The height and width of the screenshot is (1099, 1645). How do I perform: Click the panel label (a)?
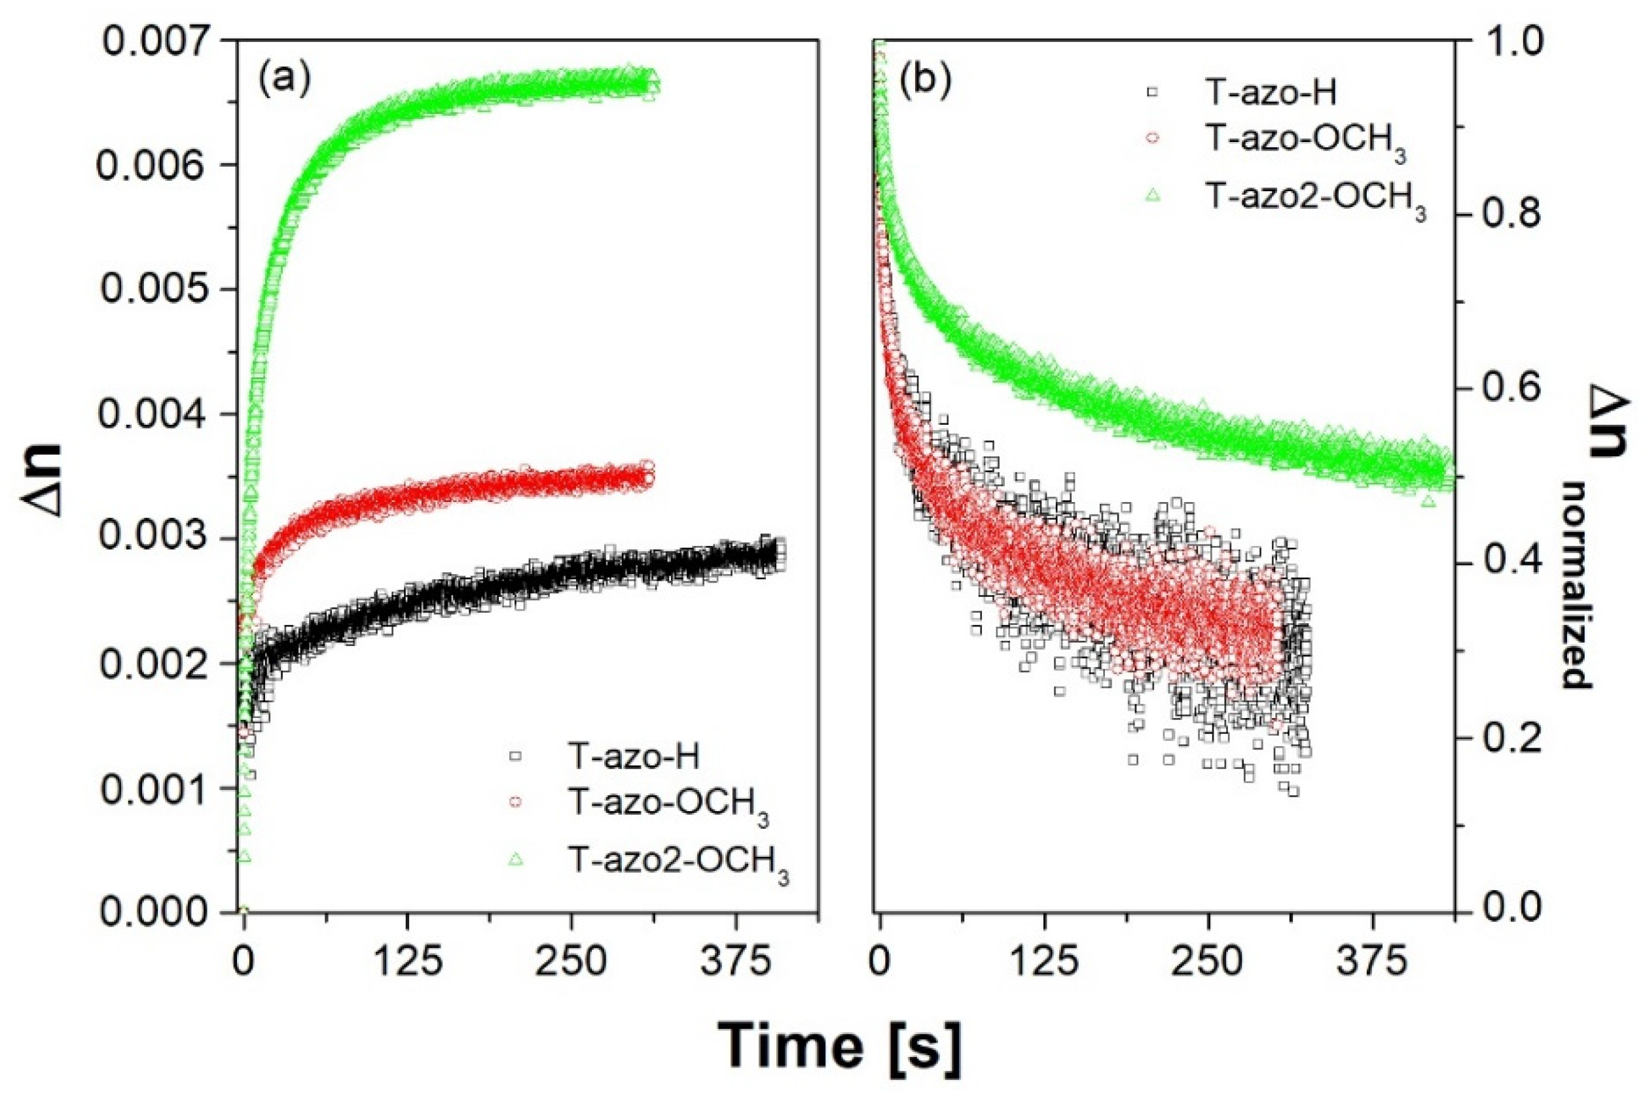click(x=283, y=81)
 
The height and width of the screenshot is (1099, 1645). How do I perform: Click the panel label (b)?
click(x=925, y=81)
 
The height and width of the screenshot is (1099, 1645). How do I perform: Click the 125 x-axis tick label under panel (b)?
click(x=1044, y=964)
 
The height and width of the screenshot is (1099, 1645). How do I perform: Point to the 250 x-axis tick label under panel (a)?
click(x=571, y=964)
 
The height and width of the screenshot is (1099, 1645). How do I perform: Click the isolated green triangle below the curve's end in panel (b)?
click(x=1428, y=501)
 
